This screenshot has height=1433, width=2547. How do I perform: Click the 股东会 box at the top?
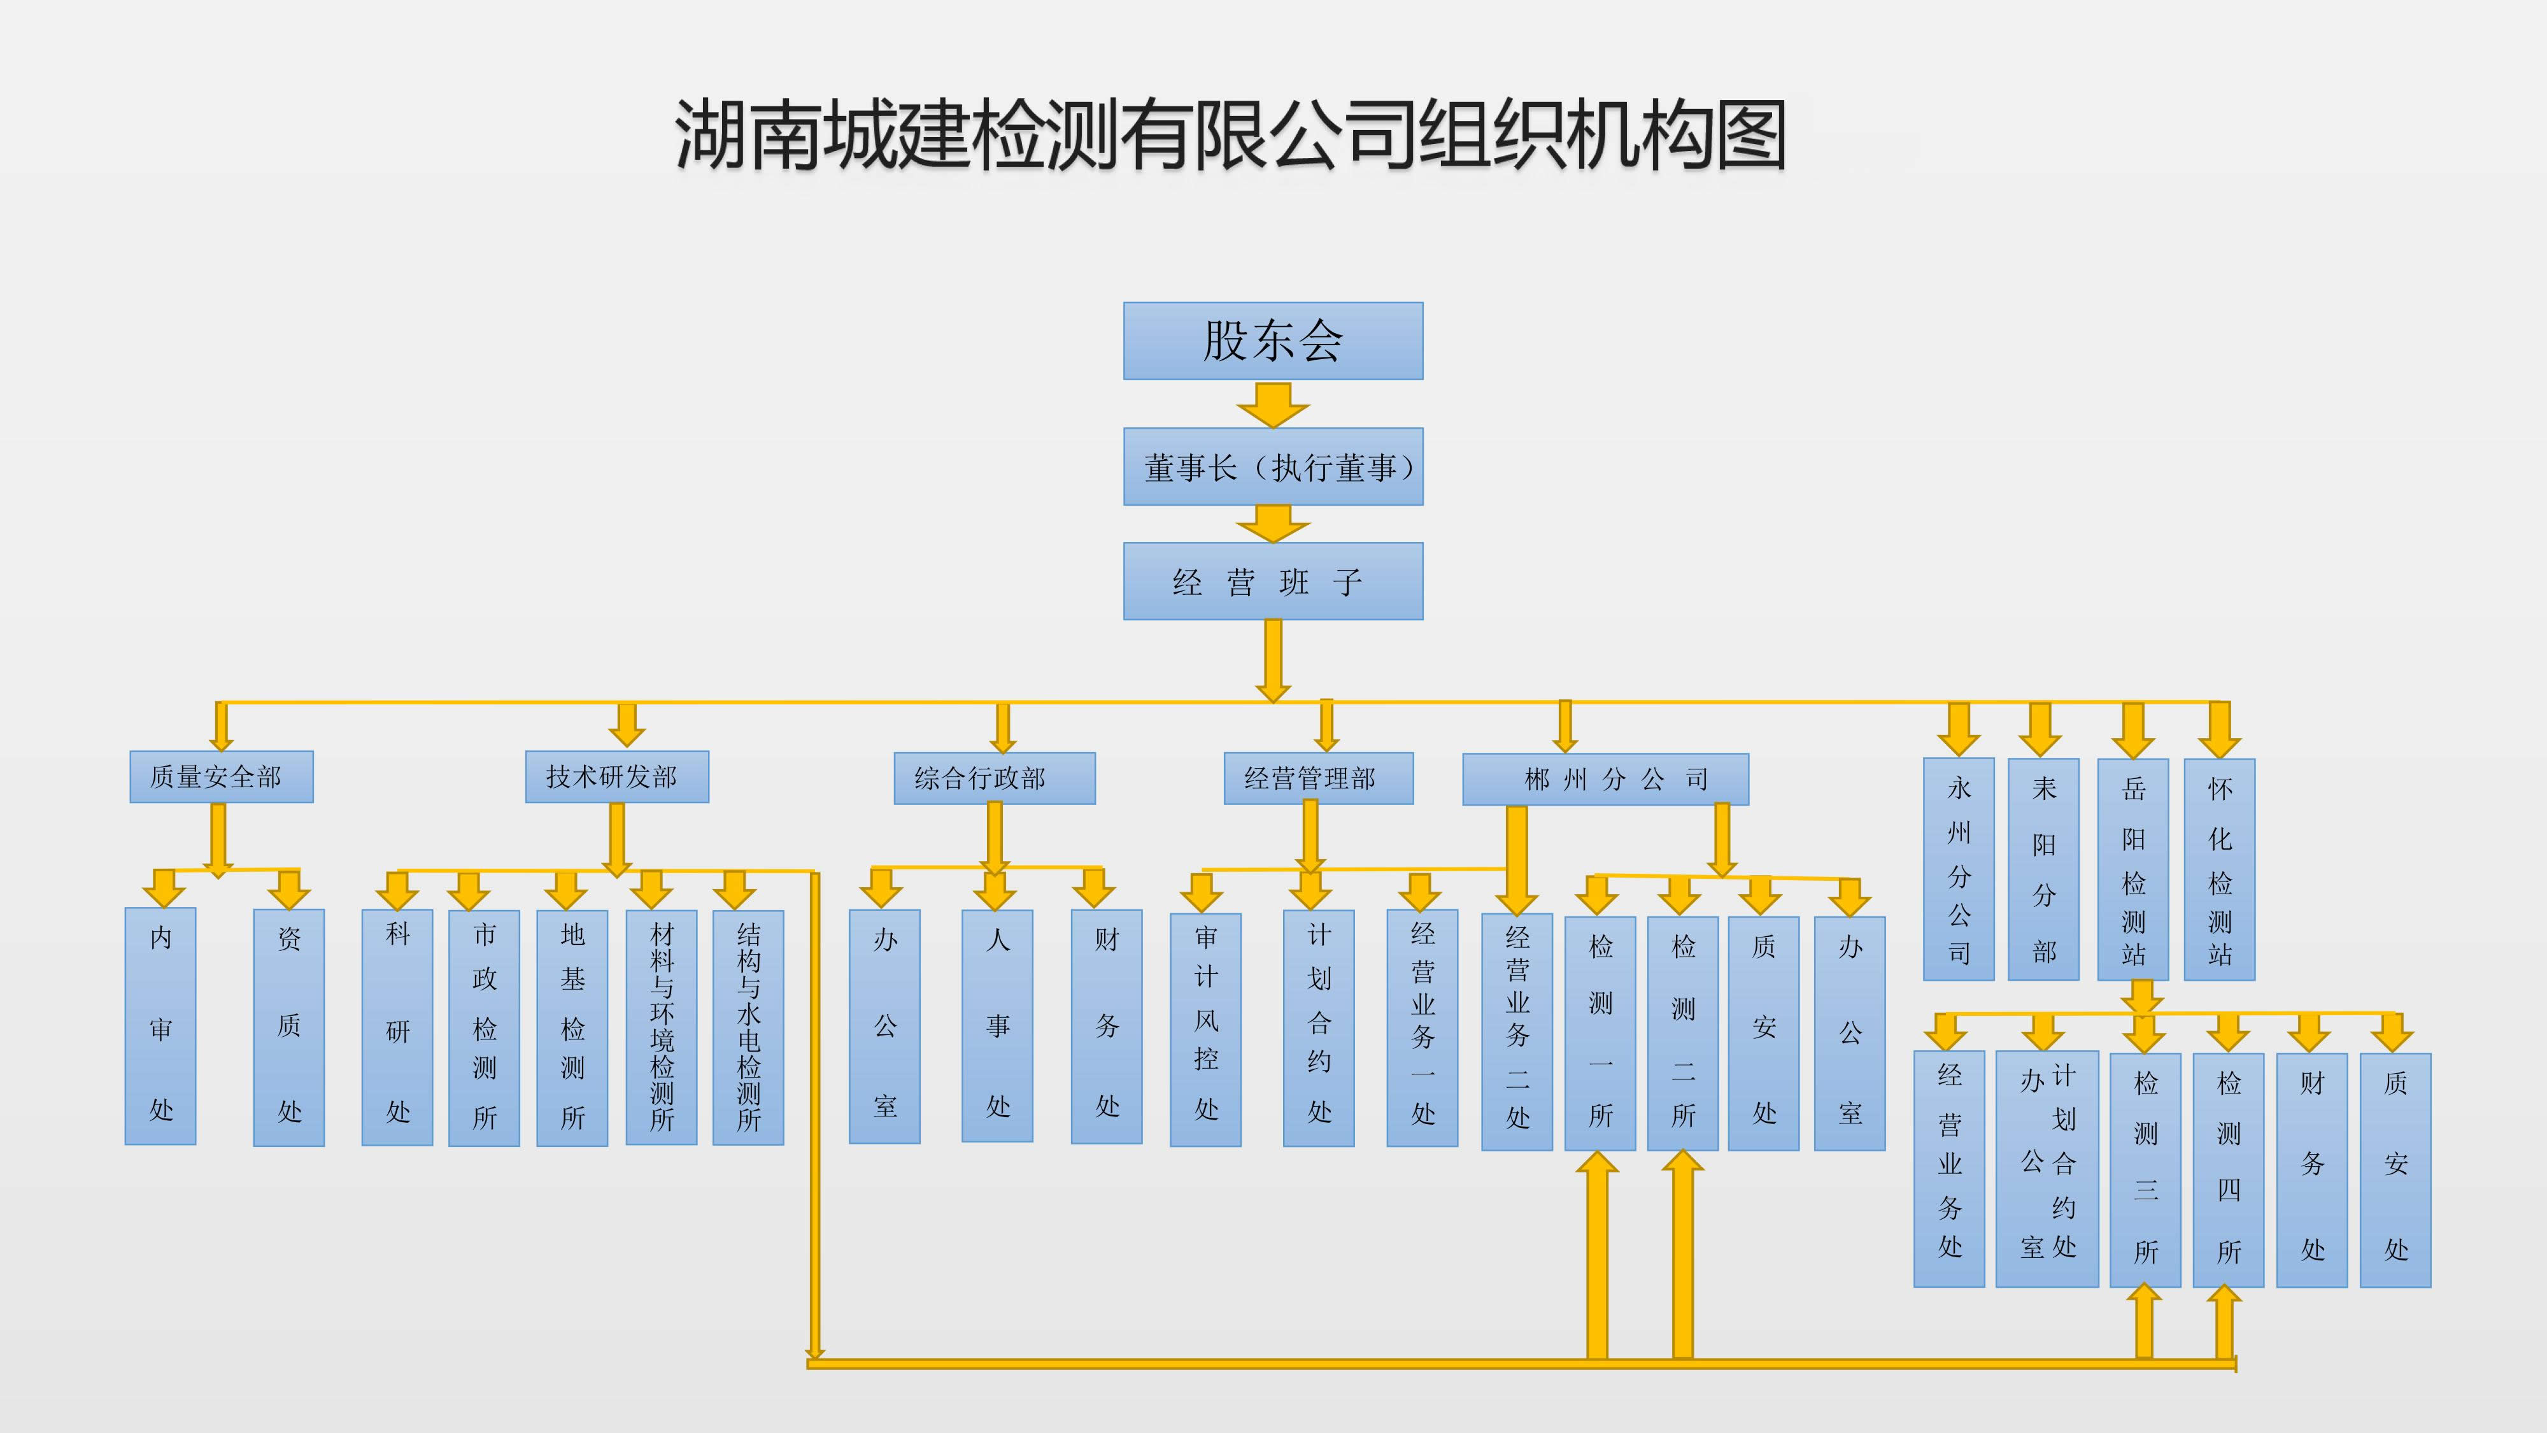[x=1272, y=341]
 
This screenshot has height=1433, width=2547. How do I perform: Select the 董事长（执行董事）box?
[x=1272, y=467]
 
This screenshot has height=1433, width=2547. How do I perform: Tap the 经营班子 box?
[x=1272, y=581]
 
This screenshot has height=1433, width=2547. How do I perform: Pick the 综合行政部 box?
[x=994, y=778]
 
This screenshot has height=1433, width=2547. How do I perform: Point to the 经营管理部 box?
[x=1318, y=778]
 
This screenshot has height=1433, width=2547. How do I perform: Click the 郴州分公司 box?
[x=1605, y=780]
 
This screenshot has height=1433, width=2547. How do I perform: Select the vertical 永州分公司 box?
[x=1958, y=869]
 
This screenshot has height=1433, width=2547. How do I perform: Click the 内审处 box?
[x=160, y=1025]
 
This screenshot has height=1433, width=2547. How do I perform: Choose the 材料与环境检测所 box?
[x=662, y=1027]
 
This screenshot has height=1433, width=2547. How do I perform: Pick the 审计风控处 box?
[x=1205, y=1029]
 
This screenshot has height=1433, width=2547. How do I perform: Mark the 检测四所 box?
[x=2227, y=1169]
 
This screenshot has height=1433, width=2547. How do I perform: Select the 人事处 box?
[x=997, y=1025]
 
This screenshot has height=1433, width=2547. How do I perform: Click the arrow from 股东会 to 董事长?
[x=1272, y=404]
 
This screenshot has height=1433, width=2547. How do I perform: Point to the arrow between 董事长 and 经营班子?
[x=1272, y=523]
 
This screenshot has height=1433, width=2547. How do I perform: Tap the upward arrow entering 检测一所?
[x=1597, y=1256]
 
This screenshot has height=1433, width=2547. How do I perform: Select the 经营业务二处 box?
[x=1517, y=1030]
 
